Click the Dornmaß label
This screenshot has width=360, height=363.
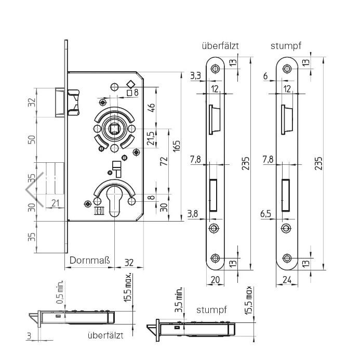(90, 260)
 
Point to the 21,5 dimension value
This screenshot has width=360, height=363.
(151, 138)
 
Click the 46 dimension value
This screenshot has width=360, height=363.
(152, 108)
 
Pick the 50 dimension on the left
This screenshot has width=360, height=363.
(32, 140)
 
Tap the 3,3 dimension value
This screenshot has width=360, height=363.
(196, 76)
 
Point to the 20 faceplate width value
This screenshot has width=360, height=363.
(215, 280)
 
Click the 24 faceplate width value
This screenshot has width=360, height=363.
(286, 280)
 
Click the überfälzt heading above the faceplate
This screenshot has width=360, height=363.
(220, 46)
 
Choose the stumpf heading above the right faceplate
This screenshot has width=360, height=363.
(286, 46)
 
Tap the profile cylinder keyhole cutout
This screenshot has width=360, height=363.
(114, 200)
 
